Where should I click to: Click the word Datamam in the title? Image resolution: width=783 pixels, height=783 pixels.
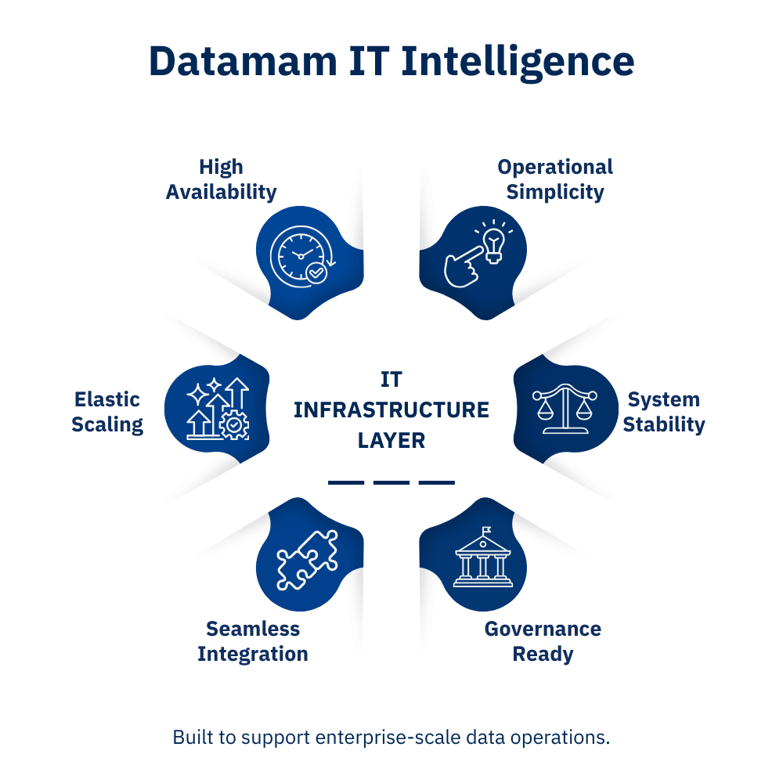[243, 61]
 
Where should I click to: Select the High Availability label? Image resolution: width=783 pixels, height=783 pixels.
[222, 179]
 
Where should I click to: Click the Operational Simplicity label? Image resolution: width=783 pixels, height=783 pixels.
[555, 179]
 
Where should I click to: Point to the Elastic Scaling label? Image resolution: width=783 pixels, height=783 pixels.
[107, 412]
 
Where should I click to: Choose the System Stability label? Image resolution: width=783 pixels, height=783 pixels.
[664, 412]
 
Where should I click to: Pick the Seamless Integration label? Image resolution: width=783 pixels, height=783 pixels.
[253, 641]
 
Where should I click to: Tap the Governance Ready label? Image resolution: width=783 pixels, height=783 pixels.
[543, 641]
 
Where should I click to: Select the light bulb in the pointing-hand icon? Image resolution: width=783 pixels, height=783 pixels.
[494, 244]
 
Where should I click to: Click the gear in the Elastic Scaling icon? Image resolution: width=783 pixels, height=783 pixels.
[234, 425]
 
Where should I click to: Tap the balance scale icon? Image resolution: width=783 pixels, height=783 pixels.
[565, 409]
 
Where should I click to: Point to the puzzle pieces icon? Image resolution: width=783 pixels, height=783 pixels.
[307, 560]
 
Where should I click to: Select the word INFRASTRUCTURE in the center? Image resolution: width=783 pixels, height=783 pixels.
[391, 410]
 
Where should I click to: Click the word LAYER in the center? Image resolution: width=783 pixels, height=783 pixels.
[391, 440]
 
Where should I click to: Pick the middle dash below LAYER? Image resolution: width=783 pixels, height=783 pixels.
[391, 482]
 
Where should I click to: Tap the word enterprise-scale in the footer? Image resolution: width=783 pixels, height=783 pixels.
[388, 738]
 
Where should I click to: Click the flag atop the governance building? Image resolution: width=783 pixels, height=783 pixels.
[486, 530]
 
